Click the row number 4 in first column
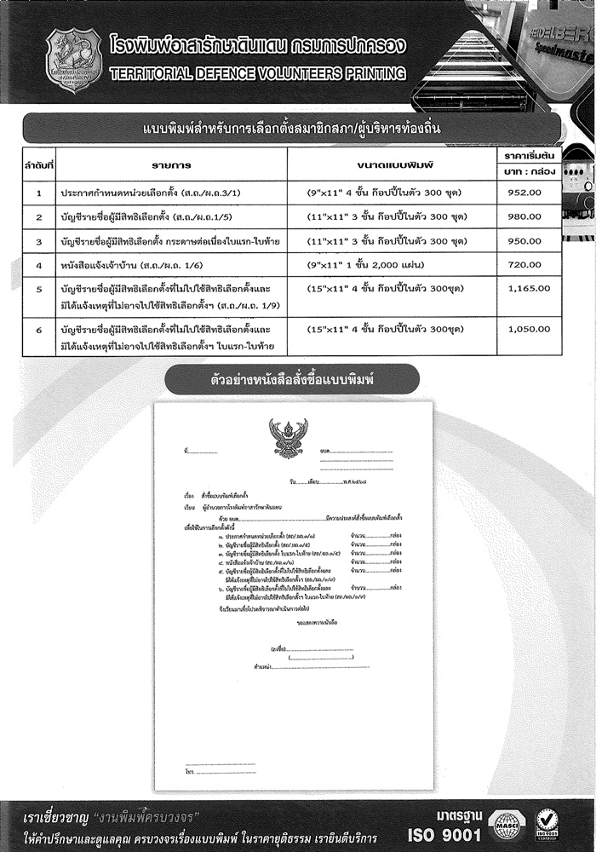pyautogui.click(x=39, y=266)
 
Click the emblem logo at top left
pyautogui.click(x=74, y=61)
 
